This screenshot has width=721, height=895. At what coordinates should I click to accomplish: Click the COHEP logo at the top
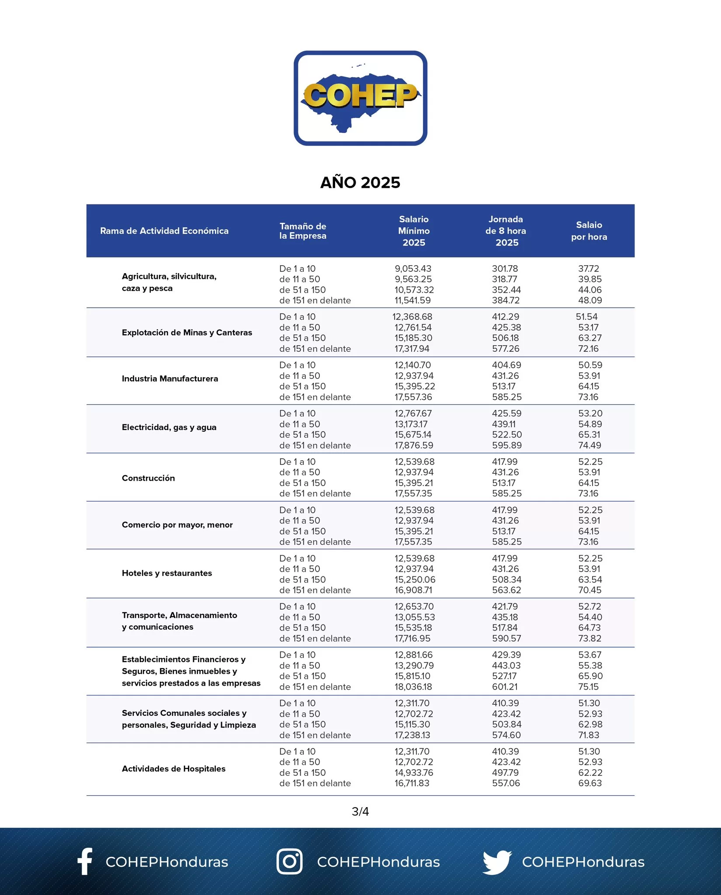pos(360,98)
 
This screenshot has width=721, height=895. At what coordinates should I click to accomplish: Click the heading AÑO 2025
pos(360,183)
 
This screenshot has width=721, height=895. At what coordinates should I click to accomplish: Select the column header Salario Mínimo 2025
pos(413,231)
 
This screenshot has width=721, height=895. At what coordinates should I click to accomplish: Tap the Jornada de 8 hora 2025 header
pos(506,231)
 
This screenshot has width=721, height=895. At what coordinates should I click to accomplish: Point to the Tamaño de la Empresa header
pos(303,231)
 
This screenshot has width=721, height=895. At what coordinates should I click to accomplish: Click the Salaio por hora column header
pos(589,231)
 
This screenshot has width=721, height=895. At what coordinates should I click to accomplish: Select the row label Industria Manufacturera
pos(170,378)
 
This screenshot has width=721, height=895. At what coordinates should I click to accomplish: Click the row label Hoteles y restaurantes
pos(166,573)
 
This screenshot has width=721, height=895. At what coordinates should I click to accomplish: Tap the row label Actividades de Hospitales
pos(173,769)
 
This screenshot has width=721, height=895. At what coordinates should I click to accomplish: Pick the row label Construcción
pos(148,478)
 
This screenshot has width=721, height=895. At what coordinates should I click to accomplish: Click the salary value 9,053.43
pos(412,269)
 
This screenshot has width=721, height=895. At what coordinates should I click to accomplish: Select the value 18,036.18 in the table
pos(413,687)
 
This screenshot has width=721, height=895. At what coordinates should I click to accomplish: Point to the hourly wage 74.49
pos(589,445)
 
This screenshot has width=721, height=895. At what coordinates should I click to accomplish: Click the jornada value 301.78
pos(505,269)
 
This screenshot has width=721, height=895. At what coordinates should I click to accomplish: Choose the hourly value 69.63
pos(589,783)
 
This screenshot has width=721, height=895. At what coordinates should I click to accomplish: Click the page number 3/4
pos(360,812)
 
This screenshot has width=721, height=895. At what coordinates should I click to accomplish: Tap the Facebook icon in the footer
pos(85,861)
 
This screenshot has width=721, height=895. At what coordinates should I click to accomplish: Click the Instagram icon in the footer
pos(289,861)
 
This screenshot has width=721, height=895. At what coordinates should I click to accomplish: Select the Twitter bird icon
pos(497,861)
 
